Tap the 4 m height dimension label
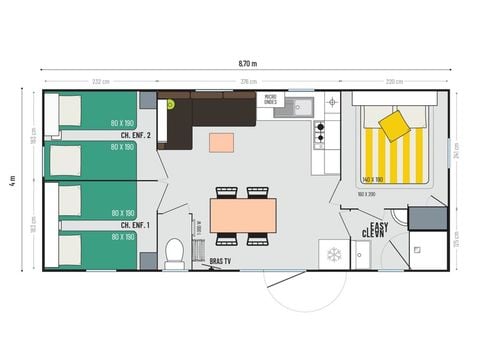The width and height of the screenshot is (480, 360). coord(13,181)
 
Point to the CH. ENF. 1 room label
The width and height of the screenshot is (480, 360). coord(134,225)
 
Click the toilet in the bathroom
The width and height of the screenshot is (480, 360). coord(175,253)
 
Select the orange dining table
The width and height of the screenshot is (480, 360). coord(243,214)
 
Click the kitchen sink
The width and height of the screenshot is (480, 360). coord(304,105)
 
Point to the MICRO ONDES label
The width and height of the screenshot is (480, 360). coord(271,101)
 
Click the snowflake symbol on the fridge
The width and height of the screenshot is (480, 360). coord(333,255)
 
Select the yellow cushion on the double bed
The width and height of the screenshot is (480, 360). coord(395,125)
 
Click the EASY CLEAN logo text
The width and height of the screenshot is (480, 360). coord(377,228)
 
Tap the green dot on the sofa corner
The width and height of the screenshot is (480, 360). coord(171,103)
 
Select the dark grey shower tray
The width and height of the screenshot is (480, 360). coord(427,217)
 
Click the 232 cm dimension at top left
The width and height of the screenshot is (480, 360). coord(99,82)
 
